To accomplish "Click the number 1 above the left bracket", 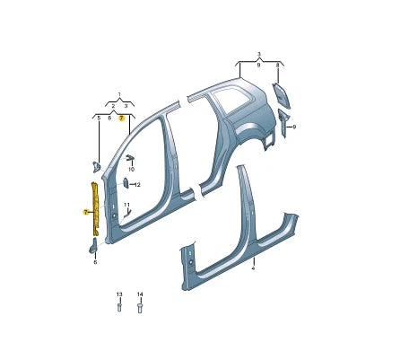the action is click(119, 94).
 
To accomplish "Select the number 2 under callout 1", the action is click(113, 106).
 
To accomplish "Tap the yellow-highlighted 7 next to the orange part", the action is click(85, 213).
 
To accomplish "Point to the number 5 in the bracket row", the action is click(99, 119).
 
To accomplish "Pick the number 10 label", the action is click(131, 170).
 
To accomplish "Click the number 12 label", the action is click(137, 185).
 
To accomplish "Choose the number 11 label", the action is click(127, 205).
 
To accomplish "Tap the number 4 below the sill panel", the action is click(253, 268).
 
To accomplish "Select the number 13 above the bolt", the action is click(119, 294).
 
